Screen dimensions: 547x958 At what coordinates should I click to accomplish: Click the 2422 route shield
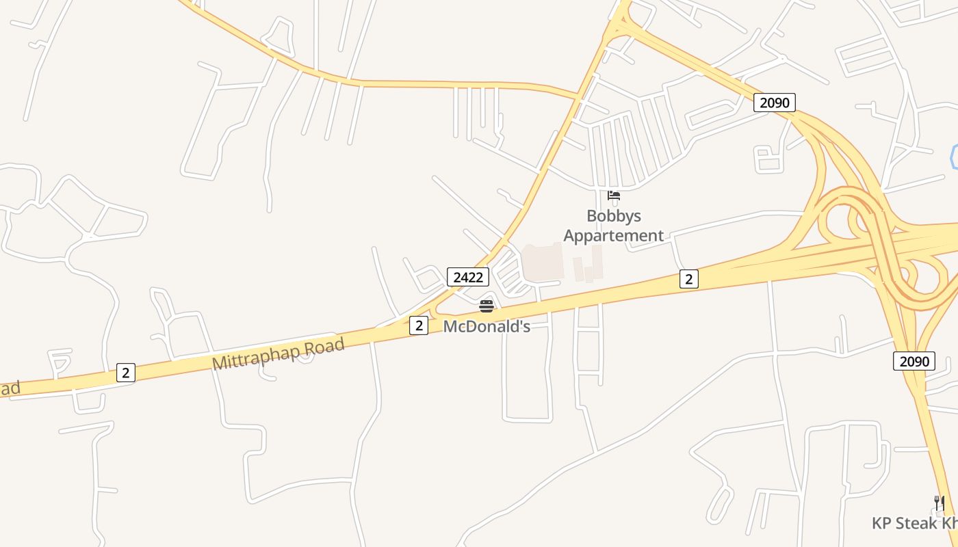(x=468, y=277)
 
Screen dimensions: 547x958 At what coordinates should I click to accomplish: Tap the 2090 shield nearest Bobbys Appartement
(x=775, y=103)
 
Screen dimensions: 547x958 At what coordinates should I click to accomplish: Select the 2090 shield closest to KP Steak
(x=914, y=361)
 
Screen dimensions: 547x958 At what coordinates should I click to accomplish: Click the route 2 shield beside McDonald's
(x=419, y=325)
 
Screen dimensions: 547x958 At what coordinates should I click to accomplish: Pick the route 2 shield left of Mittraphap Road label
(x=125, y=373)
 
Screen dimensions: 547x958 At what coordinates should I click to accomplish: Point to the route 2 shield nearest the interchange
(x=689, y=278)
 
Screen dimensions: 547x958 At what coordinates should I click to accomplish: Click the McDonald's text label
(x=487, y=326)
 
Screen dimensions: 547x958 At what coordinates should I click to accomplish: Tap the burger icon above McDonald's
(x=487, y=306)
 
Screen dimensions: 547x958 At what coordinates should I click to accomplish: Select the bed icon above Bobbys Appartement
(x=614, y=196)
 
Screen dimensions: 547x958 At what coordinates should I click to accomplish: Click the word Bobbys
(x=614, y=216)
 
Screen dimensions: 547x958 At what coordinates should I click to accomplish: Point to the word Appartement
(x=614, y=236)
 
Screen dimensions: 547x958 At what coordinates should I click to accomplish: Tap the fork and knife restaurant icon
(x=940, y=504)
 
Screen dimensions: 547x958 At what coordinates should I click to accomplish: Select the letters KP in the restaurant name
(x=883, y=523)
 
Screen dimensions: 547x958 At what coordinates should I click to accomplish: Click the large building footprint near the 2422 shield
(x=543, y=262)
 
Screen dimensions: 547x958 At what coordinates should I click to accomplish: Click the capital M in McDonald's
(x=450, y=326)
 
